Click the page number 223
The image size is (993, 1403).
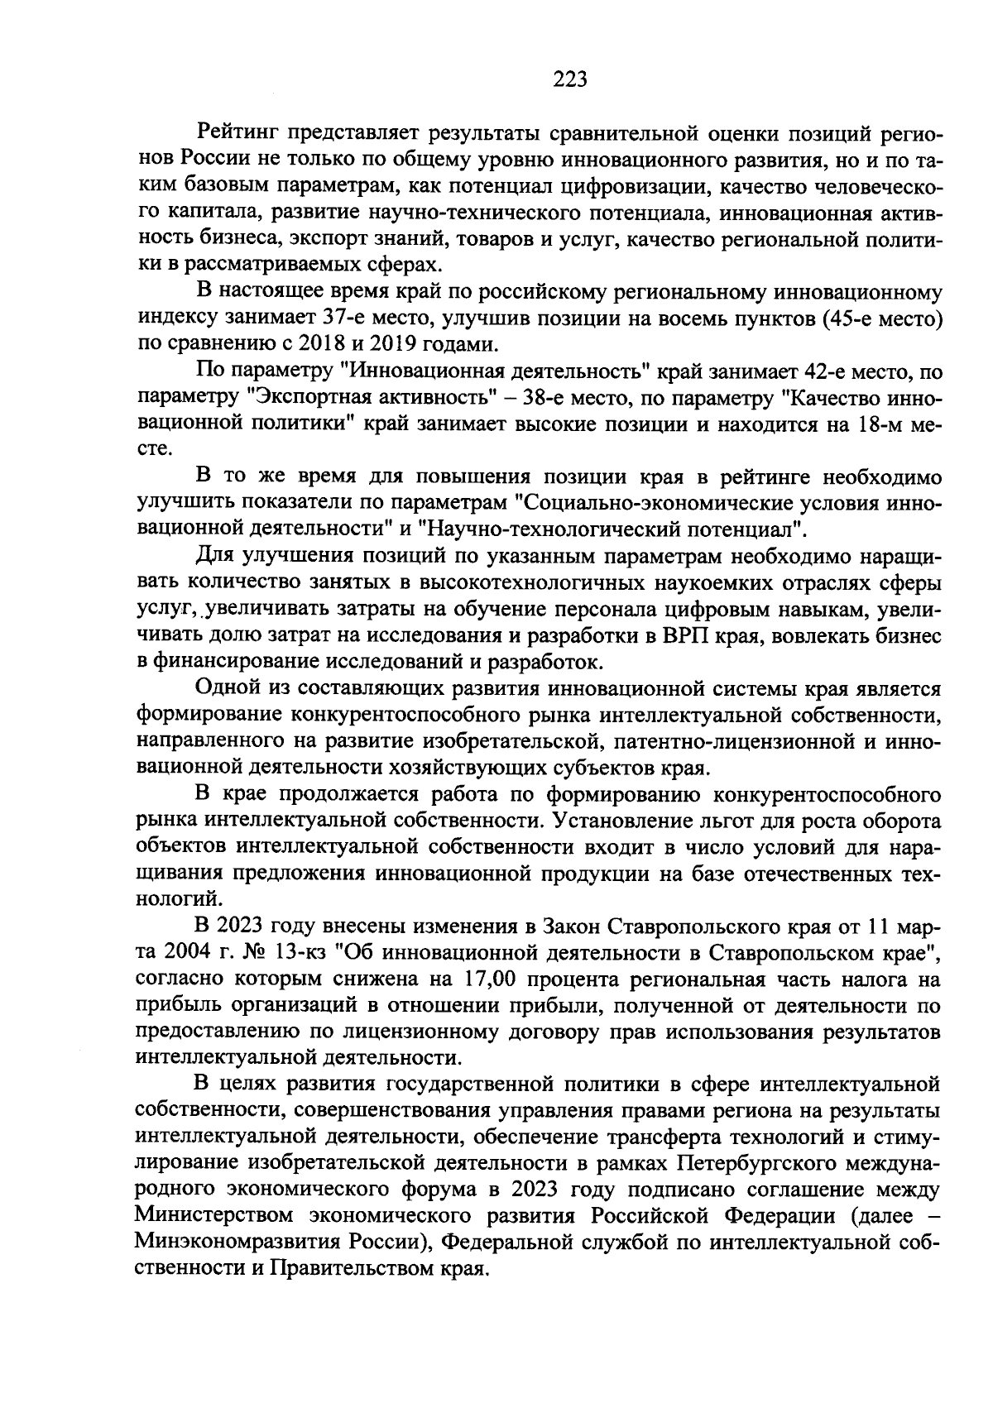coord(569,79)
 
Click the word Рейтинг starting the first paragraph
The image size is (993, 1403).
coord(236,131)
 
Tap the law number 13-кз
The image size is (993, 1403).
coord(300,952)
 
